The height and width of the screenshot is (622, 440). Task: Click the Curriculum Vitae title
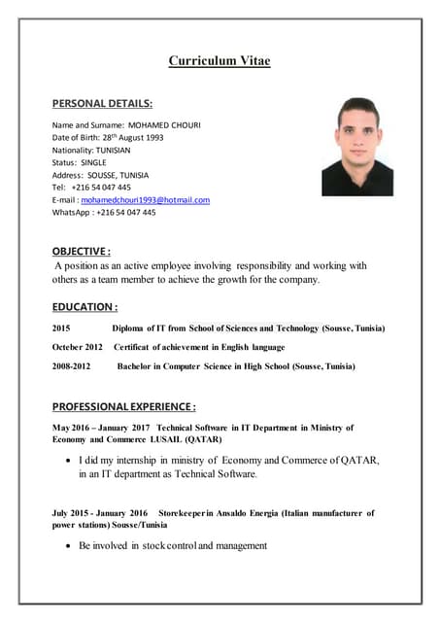(x=220, y=60)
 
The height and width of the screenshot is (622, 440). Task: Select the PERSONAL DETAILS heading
(x=102, y=102)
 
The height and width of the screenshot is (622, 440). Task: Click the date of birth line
(x=108, y=137)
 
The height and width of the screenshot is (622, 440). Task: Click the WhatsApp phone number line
(x=104, y=212)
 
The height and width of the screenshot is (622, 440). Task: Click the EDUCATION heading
(x=85, y=306)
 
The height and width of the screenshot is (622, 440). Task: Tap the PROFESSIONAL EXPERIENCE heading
(x=123, y=406)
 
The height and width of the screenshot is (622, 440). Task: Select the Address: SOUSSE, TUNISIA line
(x=101, y=175)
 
